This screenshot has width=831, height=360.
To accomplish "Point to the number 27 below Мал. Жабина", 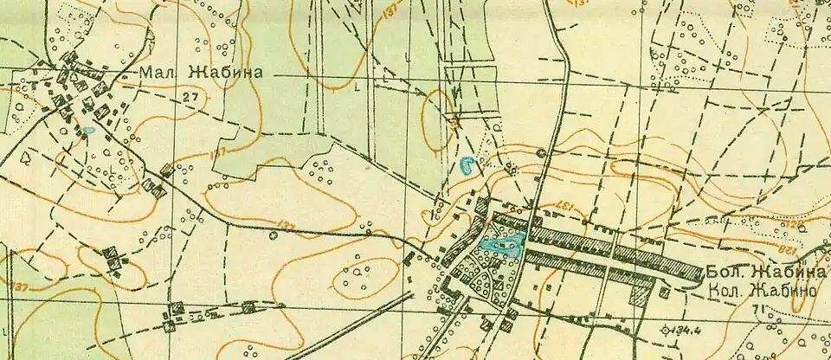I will pos(190,99).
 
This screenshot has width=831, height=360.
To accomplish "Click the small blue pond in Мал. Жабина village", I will pos(88,132).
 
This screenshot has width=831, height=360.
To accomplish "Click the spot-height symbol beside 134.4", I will pos(665,329).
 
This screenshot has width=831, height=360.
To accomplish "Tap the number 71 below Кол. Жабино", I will pos(758,309).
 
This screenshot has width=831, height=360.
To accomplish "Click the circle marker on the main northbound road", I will pos(542,153).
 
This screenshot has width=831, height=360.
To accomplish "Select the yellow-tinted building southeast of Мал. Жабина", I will pos(166,170).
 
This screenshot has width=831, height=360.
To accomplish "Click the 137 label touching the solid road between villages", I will pos(286,226).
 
